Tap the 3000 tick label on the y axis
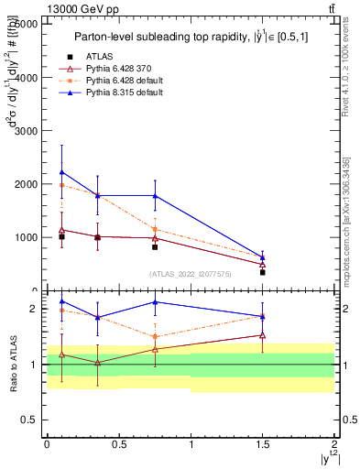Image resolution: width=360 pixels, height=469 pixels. click(26, 131)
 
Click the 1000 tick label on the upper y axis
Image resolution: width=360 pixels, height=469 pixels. click(26, 237)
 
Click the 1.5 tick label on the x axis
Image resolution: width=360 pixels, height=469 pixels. click(262, 443)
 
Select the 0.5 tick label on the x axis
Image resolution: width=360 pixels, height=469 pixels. click(118, 443)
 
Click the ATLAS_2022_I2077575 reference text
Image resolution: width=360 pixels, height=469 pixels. click(189, 274)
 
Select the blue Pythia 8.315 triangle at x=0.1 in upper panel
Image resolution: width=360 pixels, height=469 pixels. click(61, 172)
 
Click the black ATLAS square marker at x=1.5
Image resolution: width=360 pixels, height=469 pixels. click(262, 272)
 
